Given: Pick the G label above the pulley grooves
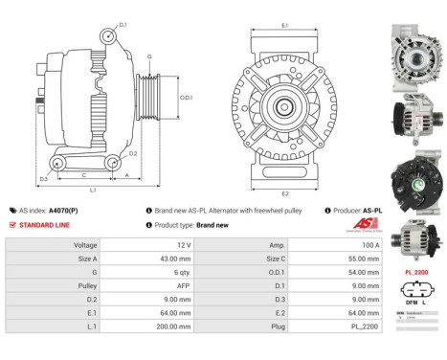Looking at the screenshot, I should (x=148, y=57).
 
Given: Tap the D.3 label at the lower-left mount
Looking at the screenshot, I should (x=44, y=179).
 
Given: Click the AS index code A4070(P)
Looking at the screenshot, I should (x=66, y=209).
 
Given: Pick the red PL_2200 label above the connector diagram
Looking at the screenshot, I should (x=417, y=272).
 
